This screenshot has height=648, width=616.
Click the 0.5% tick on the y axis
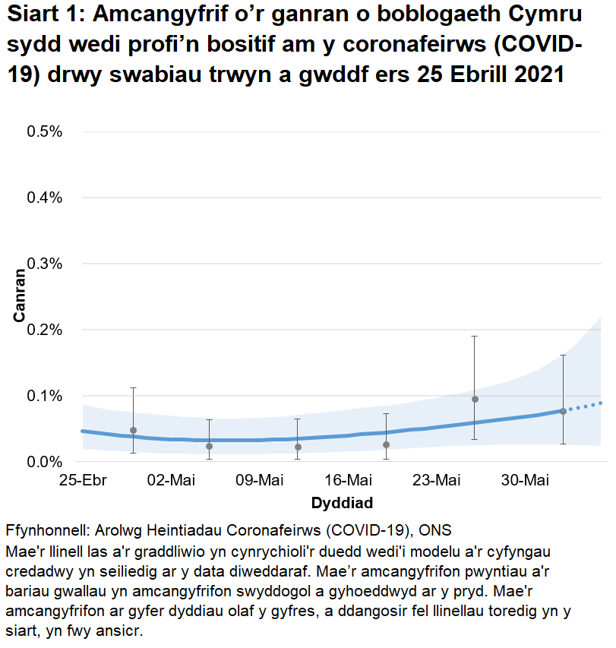[x=45, y=131]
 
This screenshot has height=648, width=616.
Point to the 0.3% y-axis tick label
[x=45, y=264]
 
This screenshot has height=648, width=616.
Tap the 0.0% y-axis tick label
[x=45, y=462]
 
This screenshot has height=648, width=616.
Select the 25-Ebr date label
[x=82, y=480]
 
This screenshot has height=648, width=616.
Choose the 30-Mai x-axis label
[x=524, y=480]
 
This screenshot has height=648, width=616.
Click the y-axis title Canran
[x=21, y=296]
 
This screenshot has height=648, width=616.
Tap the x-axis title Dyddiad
[x=342, y=503]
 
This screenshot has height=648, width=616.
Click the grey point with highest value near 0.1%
[x=475, y=399]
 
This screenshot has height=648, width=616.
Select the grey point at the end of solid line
[x=563, y=411]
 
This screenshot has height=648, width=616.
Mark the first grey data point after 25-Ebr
[x=133, y=430]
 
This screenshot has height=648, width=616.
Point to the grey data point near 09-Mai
[x=298, y=447]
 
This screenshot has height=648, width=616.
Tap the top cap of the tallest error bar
[x=475, y=336]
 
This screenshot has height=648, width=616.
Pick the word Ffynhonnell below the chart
[x=46, y=529]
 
